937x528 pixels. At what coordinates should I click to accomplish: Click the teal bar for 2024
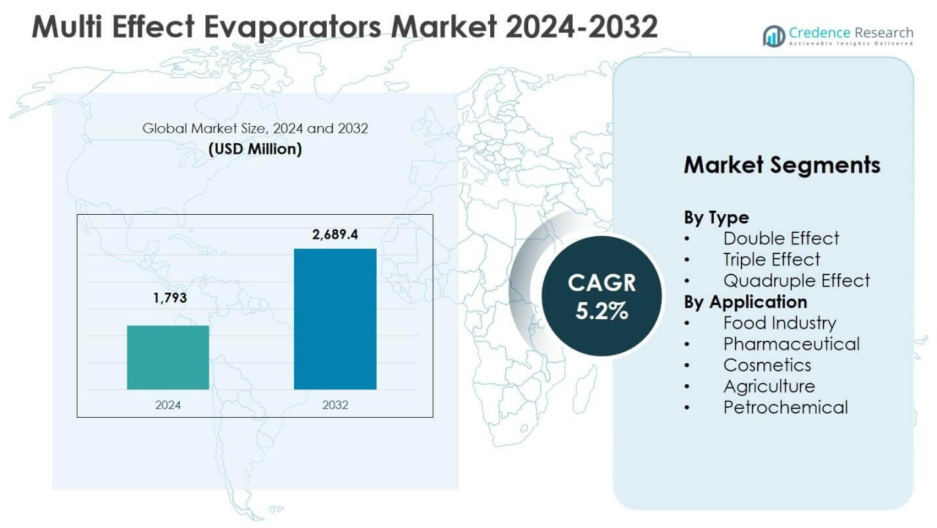(168, 357)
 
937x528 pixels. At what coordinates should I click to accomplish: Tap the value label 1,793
(170, 298)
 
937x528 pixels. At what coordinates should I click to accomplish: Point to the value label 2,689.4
(335, 234)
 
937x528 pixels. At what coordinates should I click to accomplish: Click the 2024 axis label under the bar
(168, 405)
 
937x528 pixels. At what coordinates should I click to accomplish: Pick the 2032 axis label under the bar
(335, 405)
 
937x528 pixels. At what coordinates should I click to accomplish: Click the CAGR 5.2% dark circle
(601, 296)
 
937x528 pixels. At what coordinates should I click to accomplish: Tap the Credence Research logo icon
(774, 36)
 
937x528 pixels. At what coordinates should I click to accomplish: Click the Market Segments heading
(781, 165)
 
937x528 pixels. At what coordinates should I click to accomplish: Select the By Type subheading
(716, 217)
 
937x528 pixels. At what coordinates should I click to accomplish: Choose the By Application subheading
(745, 301)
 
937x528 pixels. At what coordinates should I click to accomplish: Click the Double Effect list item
(781, 238)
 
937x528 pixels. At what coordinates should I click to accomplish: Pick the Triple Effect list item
(772, 259)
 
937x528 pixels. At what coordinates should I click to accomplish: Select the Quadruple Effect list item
(796, 280)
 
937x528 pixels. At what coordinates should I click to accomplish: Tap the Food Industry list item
(780, 322)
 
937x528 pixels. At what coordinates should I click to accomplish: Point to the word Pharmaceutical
(791, 343)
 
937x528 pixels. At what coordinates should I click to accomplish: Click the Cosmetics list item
(767, 364)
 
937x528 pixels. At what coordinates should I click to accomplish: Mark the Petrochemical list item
(785, 407)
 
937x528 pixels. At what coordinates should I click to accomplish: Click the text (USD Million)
(255, 149)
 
